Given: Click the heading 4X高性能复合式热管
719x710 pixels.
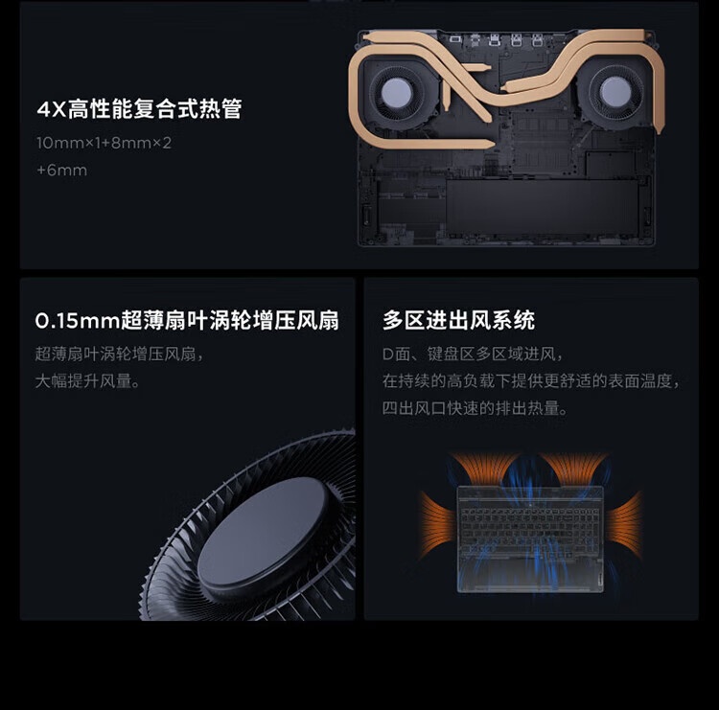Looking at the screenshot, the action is coord(139,109).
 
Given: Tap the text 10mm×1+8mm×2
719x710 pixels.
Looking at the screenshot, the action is coord(104,143).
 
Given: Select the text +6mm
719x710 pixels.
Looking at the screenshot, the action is coord(62,171).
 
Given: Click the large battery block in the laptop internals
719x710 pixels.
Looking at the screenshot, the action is coord(542,206).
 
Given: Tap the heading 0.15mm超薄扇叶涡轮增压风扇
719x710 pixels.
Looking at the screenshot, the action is coord(187,320).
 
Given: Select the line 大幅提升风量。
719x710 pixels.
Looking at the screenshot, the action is coord(87,380).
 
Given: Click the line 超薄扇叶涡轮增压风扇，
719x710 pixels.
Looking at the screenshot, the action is coord(120,354).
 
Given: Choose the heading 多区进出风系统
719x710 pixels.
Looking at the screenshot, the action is coord(458,320).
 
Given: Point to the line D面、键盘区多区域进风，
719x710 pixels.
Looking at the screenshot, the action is coord(473,354).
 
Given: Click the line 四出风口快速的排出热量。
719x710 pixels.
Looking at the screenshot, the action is coord(475,407).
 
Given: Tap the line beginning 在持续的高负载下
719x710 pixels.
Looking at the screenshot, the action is coord(531,380).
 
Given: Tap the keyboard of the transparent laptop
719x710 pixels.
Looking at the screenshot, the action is coord(530,532).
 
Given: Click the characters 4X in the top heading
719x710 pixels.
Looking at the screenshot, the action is coord(52,109).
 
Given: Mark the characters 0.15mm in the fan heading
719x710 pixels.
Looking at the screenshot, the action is coord(77,321).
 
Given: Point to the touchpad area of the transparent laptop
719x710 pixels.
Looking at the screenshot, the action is coord(530,574).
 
